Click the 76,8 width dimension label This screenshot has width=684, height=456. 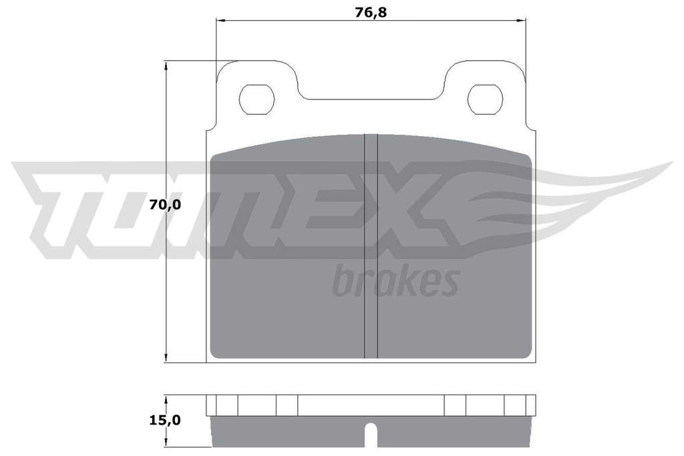click(x=370, y=13)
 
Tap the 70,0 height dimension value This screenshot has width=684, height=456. click(x=165, y=204)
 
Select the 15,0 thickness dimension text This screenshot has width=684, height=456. click(x=165, y=420)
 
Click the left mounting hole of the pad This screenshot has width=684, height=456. click(x=256, y=99)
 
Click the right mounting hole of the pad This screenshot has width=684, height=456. click(x=485, y=99)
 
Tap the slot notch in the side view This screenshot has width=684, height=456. click(x=371, y=437)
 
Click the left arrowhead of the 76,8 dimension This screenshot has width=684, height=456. click(x=220, y=20)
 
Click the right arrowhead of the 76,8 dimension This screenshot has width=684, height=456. click(x=521, y=20)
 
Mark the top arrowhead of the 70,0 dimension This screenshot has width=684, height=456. click(x=166, y=65)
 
